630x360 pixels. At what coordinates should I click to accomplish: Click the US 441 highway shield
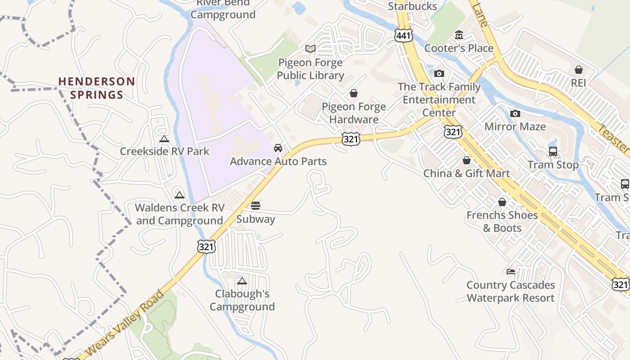403,35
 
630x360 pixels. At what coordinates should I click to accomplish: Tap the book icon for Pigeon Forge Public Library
310,49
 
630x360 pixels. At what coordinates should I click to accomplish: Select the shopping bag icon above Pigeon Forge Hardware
354,93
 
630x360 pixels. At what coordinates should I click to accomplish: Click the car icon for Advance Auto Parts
278,148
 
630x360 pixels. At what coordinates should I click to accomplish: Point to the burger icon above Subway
256,206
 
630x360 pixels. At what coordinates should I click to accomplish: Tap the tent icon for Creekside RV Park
164,139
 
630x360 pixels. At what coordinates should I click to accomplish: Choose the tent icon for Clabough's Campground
242,281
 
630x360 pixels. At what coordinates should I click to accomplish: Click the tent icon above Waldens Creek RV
180,195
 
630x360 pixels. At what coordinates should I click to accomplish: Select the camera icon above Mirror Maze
515,113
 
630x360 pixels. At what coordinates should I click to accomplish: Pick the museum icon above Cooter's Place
459,35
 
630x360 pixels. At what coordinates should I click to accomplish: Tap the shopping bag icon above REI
579,70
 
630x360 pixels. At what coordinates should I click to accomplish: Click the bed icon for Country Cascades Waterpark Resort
510,272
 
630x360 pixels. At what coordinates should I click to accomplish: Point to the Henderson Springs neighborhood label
96,88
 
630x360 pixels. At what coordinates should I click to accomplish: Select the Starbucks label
412,6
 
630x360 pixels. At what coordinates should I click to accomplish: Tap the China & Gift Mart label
467,173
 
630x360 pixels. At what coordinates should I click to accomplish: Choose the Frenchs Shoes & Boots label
502,221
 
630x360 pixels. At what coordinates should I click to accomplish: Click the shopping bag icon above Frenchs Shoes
502,202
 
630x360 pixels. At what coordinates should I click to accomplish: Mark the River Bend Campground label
223,9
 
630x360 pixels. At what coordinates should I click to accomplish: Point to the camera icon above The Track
439,73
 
